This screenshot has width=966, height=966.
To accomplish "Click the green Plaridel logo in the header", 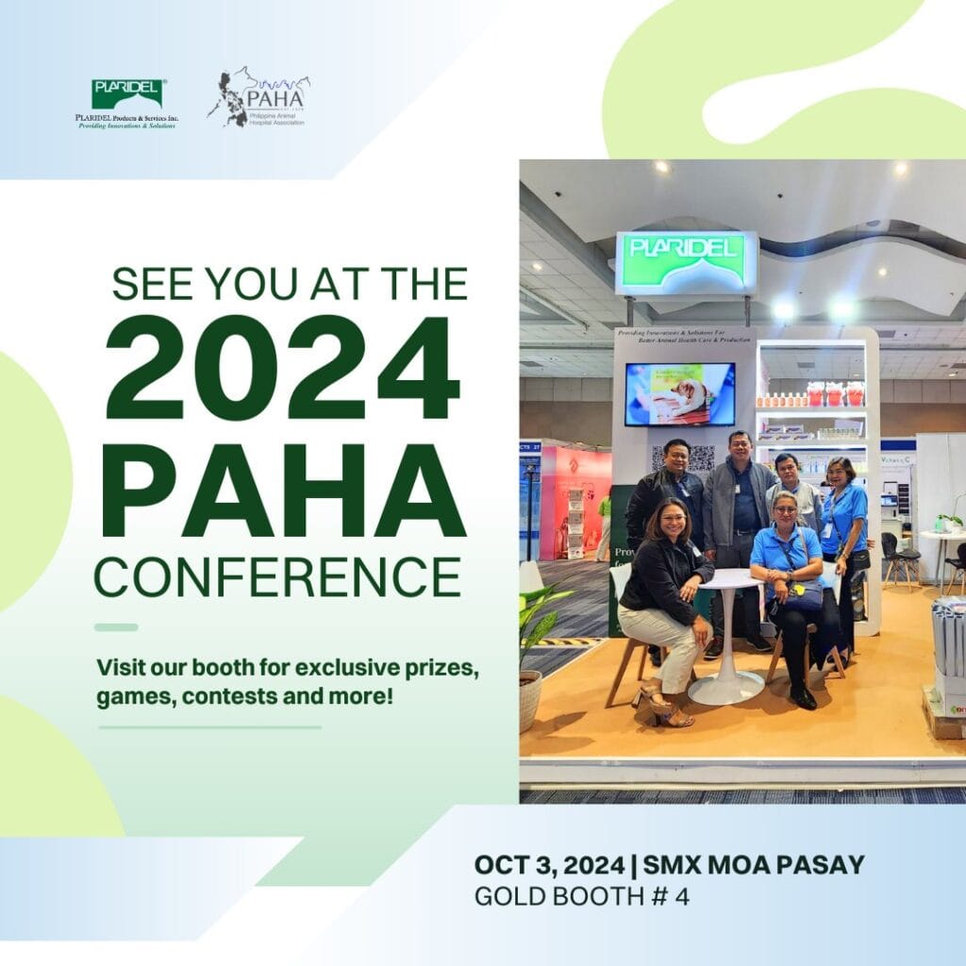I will click(127, 93).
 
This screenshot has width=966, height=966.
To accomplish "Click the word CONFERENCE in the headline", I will click(277, 575).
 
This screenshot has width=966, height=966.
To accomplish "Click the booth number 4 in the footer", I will click(682, 895).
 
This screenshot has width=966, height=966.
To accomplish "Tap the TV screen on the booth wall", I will click(679, 394).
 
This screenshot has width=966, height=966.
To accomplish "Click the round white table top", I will click(724, 578).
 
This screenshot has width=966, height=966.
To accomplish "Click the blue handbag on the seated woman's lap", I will click(805, 595).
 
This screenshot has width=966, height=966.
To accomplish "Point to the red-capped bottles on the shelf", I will click(834, 394).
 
